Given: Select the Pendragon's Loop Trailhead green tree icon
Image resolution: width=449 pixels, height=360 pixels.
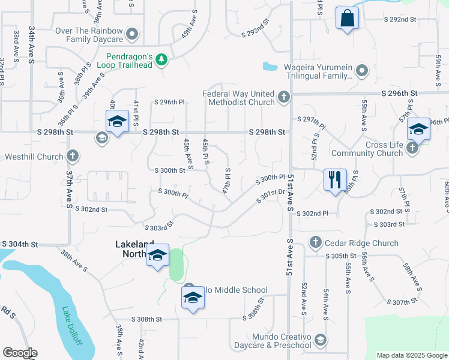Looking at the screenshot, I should [x=161, y=60].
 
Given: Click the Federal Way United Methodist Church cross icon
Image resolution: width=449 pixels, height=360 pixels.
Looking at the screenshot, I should [x=285, y=96].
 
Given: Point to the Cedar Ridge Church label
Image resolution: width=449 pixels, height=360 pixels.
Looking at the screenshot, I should [x=360, y=243].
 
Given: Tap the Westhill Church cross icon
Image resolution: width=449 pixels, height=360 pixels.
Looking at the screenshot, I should [x=72, y=157].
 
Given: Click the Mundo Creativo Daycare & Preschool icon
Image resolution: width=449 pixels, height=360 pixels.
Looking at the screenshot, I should [x=320, y=341].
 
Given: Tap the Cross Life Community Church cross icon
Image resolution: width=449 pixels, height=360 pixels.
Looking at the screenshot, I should [x=412, y=148].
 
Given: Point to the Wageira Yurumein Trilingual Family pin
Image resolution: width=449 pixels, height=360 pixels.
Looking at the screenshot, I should [x=361, y=71].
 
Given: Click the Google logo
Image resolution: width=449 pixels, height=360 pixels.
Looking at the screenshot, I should [x=20, y=353].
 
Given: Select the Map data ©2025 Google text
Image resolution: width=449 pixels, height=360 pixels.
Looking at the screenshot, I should [x=411, y=355].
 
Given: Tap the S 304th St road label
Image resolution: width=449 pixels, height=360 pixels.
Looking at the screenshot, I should [x=20, y=244].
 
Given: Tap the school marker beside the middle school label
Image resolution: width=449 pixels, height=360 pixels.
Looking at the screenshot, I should [x=193, y=298].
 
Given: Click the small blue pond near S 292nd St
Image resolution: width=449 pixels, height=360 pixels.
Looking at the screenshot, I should [x=270, y=67].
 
